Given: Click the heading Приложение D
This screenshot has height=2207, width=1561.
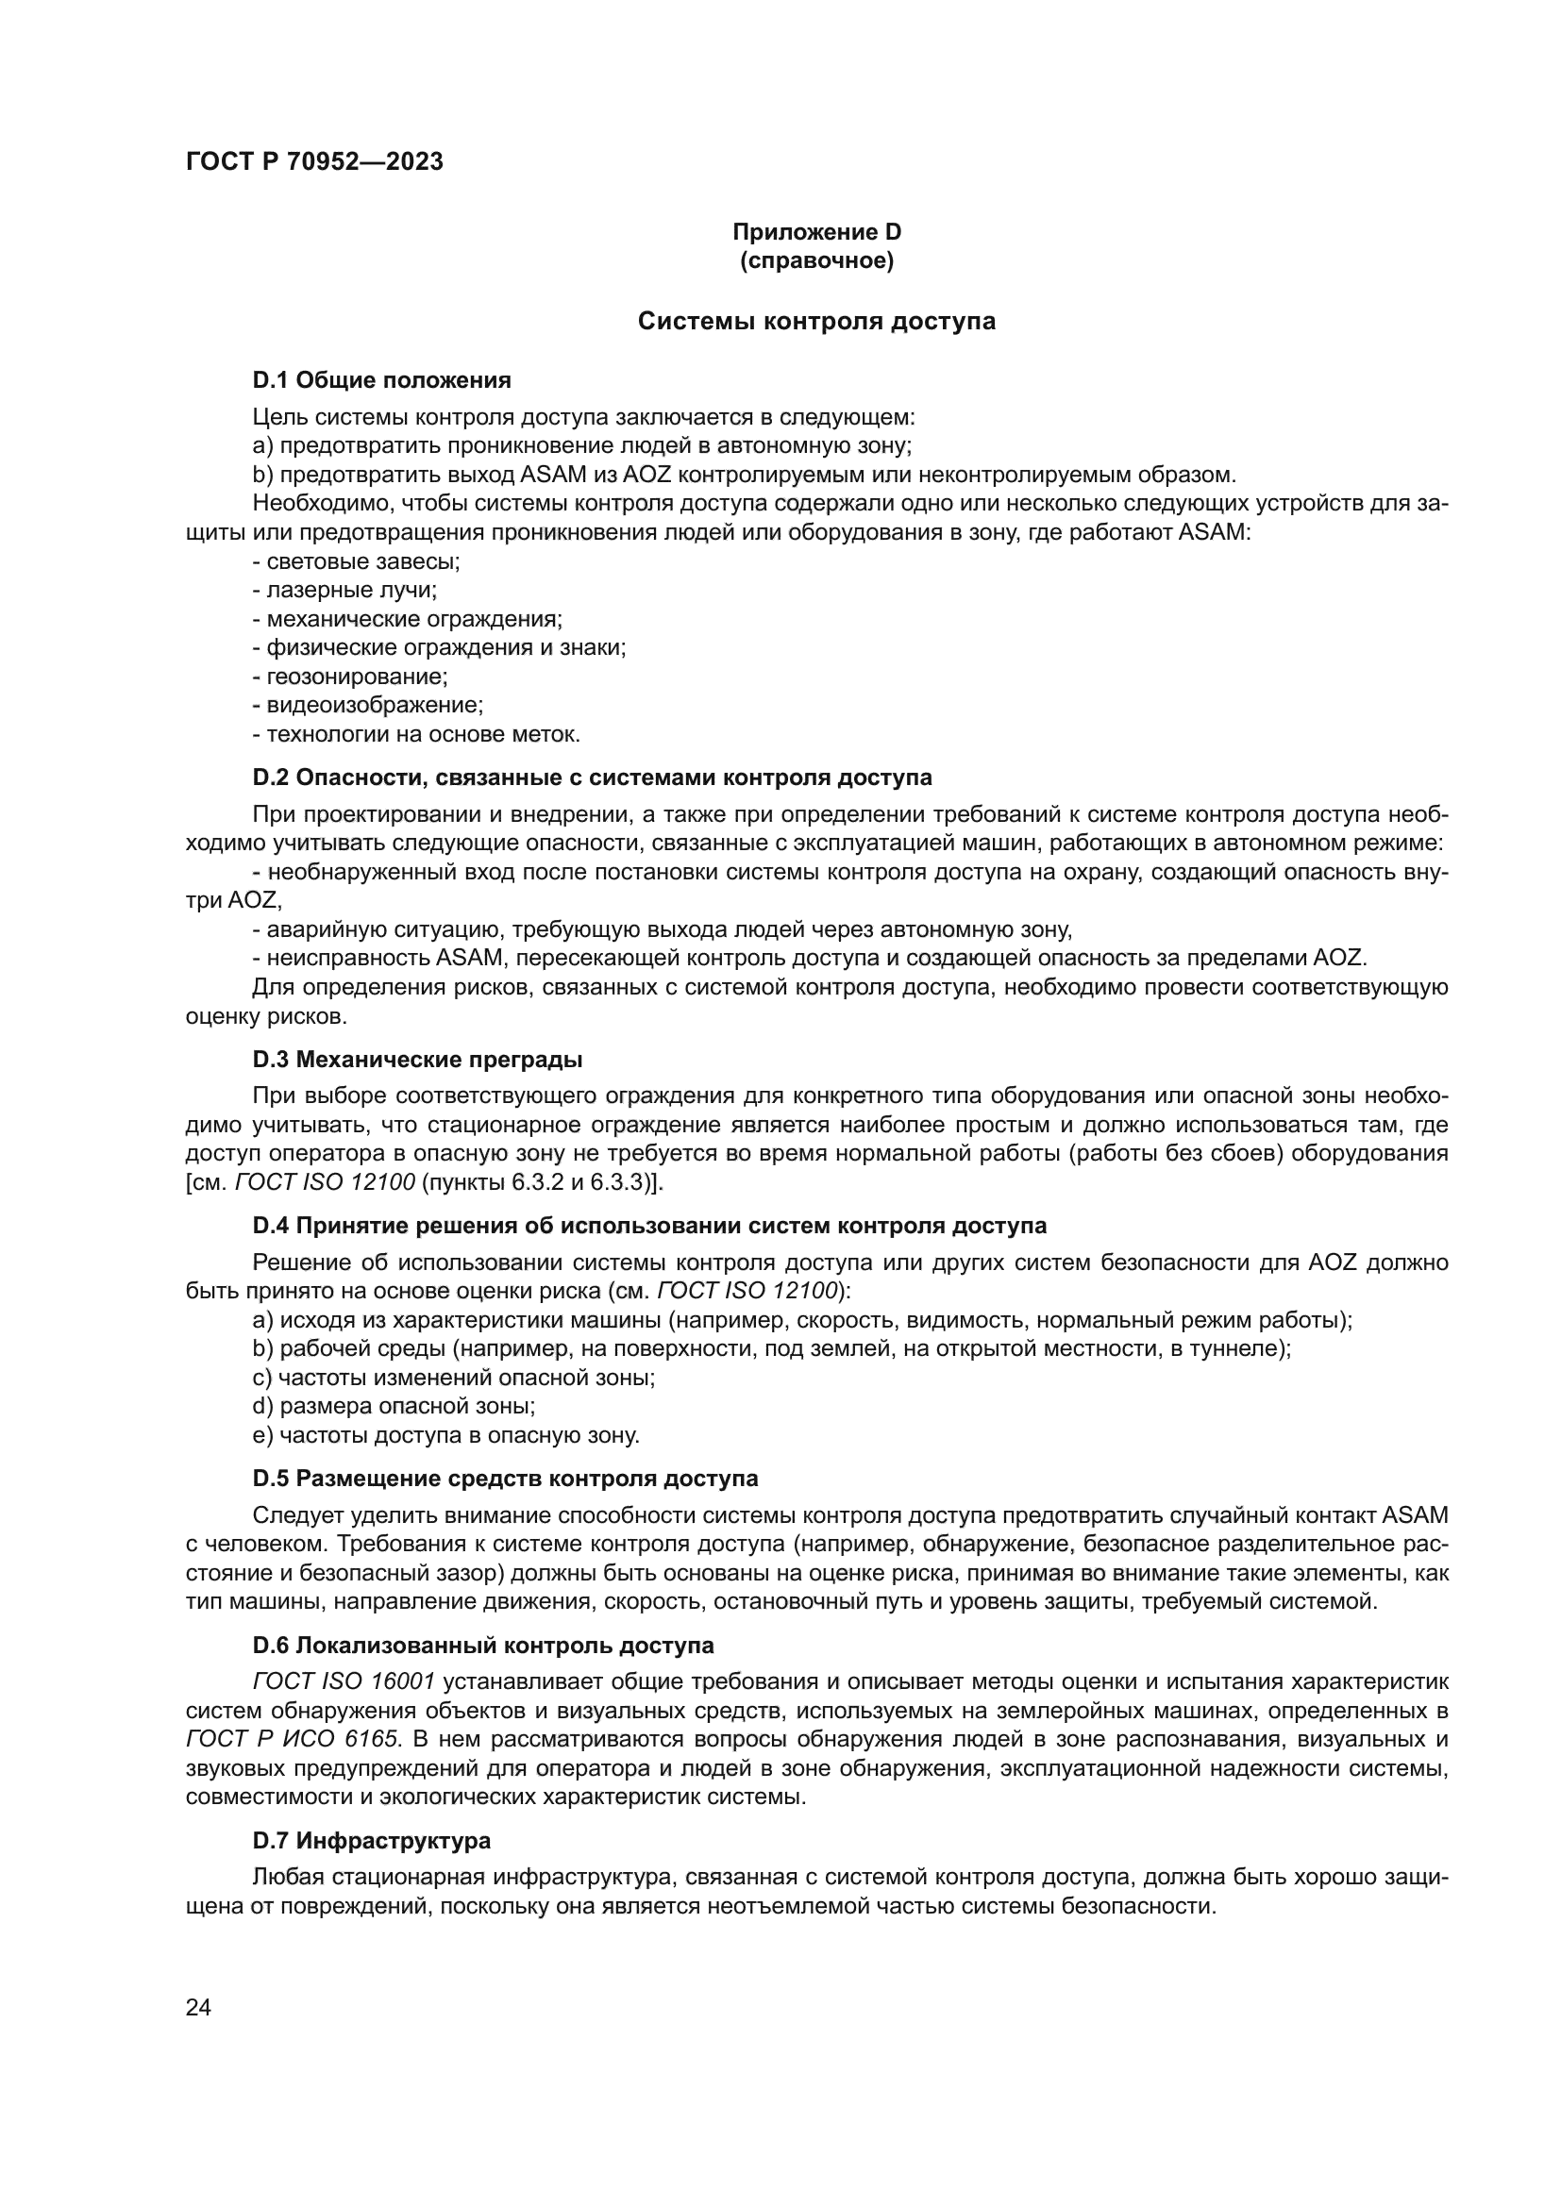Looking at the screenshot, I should point(816,232).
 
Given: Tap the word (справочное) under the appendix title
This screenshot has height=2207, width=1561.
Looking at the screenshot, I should point(816,260).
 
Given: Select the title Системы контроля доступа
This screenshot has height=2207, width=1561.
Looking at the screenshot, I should point(816,321).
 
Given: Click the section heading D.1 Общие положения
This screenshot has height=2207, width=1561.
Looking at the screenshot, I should point(381,380).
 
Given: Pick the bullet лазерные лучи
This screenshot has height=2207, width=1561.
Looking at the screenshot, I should point(344,590).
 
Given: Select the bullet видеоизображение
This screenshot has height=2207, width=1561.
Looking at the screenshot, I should point(367,706).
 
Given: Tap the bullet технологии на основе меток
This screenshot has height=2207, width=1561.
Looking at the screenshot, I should point(416,734).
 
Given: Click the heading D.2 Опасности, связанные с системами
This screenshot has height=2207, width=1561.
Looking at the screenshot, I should point(592,777).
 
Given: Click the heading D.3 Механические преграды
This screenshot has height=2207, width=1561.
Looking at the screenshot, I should point(417,1061).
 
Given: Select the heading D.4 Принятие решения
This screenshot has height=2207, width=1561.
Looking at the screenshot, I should point(648,1227).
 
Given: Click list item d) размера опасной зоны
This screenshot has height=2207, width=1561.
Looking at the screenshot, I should point(394,1406).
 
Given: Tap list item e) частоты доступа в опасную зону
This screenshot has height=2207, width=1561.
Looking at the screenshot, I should point(446,1435).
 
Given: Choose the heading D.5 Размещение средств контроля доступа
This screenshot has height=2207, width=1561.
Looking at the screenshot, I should point(505,1479).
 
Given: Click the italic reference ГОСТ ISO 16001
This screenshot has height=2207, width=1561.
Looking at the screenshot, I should point(344,1681).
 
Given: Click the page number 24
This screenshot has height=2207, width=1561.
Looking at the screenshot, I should point(198,2008).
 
